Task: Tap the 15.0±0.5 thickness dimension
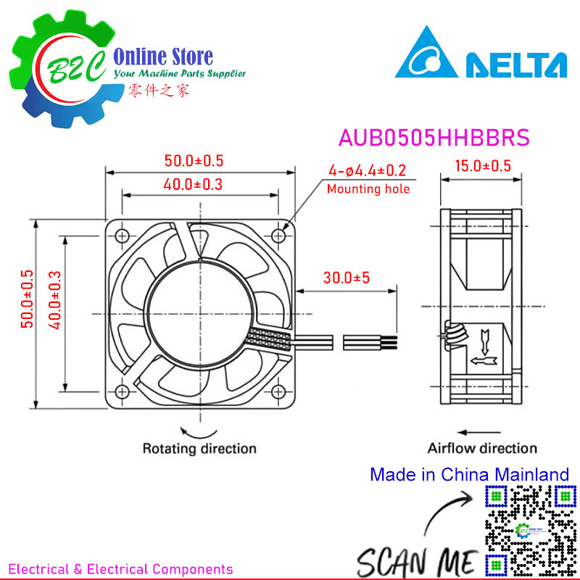[482, 166]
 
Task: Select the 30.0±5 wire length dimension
[347, 278]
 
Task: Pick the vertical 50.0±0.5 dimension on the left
[27, 309]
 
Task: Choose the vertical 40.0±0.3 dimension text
[53, 309]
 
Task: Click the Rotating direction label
[199, 448]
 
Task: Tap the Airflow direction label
[482, 448]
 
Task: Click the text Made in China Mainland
[469, 475]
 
